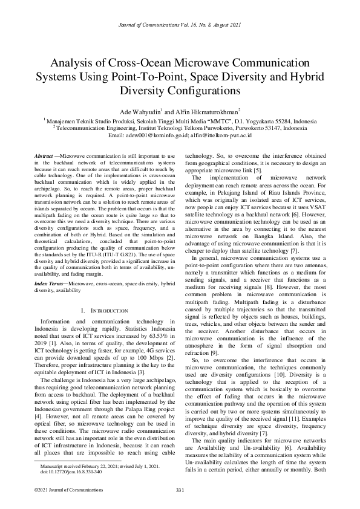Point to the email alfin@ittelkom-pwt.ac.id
pyautogui.click(x=218, y=137)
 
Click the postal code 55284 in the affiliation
pyautogui.click(x=263, y=121)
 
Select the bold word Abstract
pyautogui.click(x=44, y=156)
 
